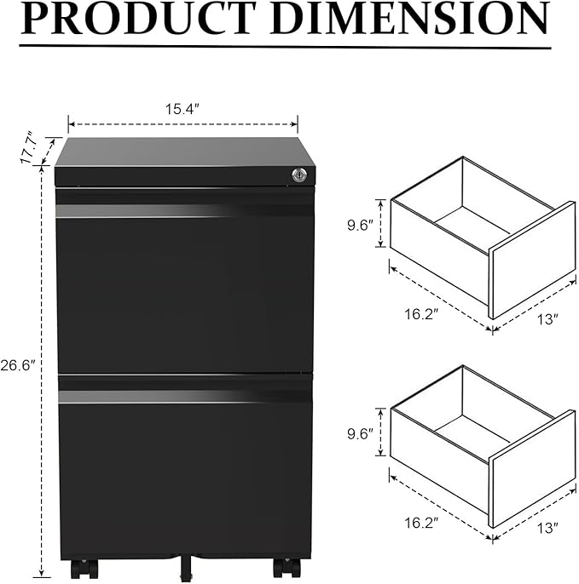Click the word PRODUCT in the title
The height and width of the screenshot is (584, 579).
[138, 18]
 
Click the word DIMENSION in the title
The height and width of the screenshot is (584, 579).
[410, 18]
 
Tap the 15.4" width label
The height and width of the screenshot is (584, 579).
[182, 109]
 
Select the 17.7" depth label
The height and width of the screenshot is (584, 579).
[29, 148]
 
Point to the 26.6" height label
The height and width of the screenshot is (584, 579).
[18, 365]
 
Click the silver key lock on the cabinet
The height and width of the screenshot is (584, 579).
[299, 175]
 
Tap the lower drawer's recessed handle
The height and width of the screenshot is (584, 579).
[185, 397]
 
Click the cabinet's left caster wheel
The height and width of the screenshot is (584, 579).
[84, 569]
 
